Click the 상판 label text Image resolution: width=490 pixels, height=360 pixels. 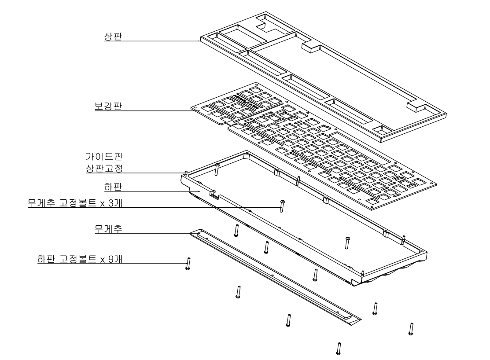click(x=110, y=37)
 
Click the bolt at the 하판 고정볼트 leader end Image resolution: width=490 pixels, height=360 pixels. click(x=188, y=263)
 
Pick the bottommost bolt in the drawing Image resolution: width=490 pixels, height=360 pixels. click(x=339, y=349)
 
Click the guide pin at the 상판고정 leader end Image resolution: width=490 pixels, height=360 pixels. click(x=187, y=173)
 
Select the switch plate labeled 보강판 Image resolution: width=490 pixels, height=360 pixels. click(x=308, y=154)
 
